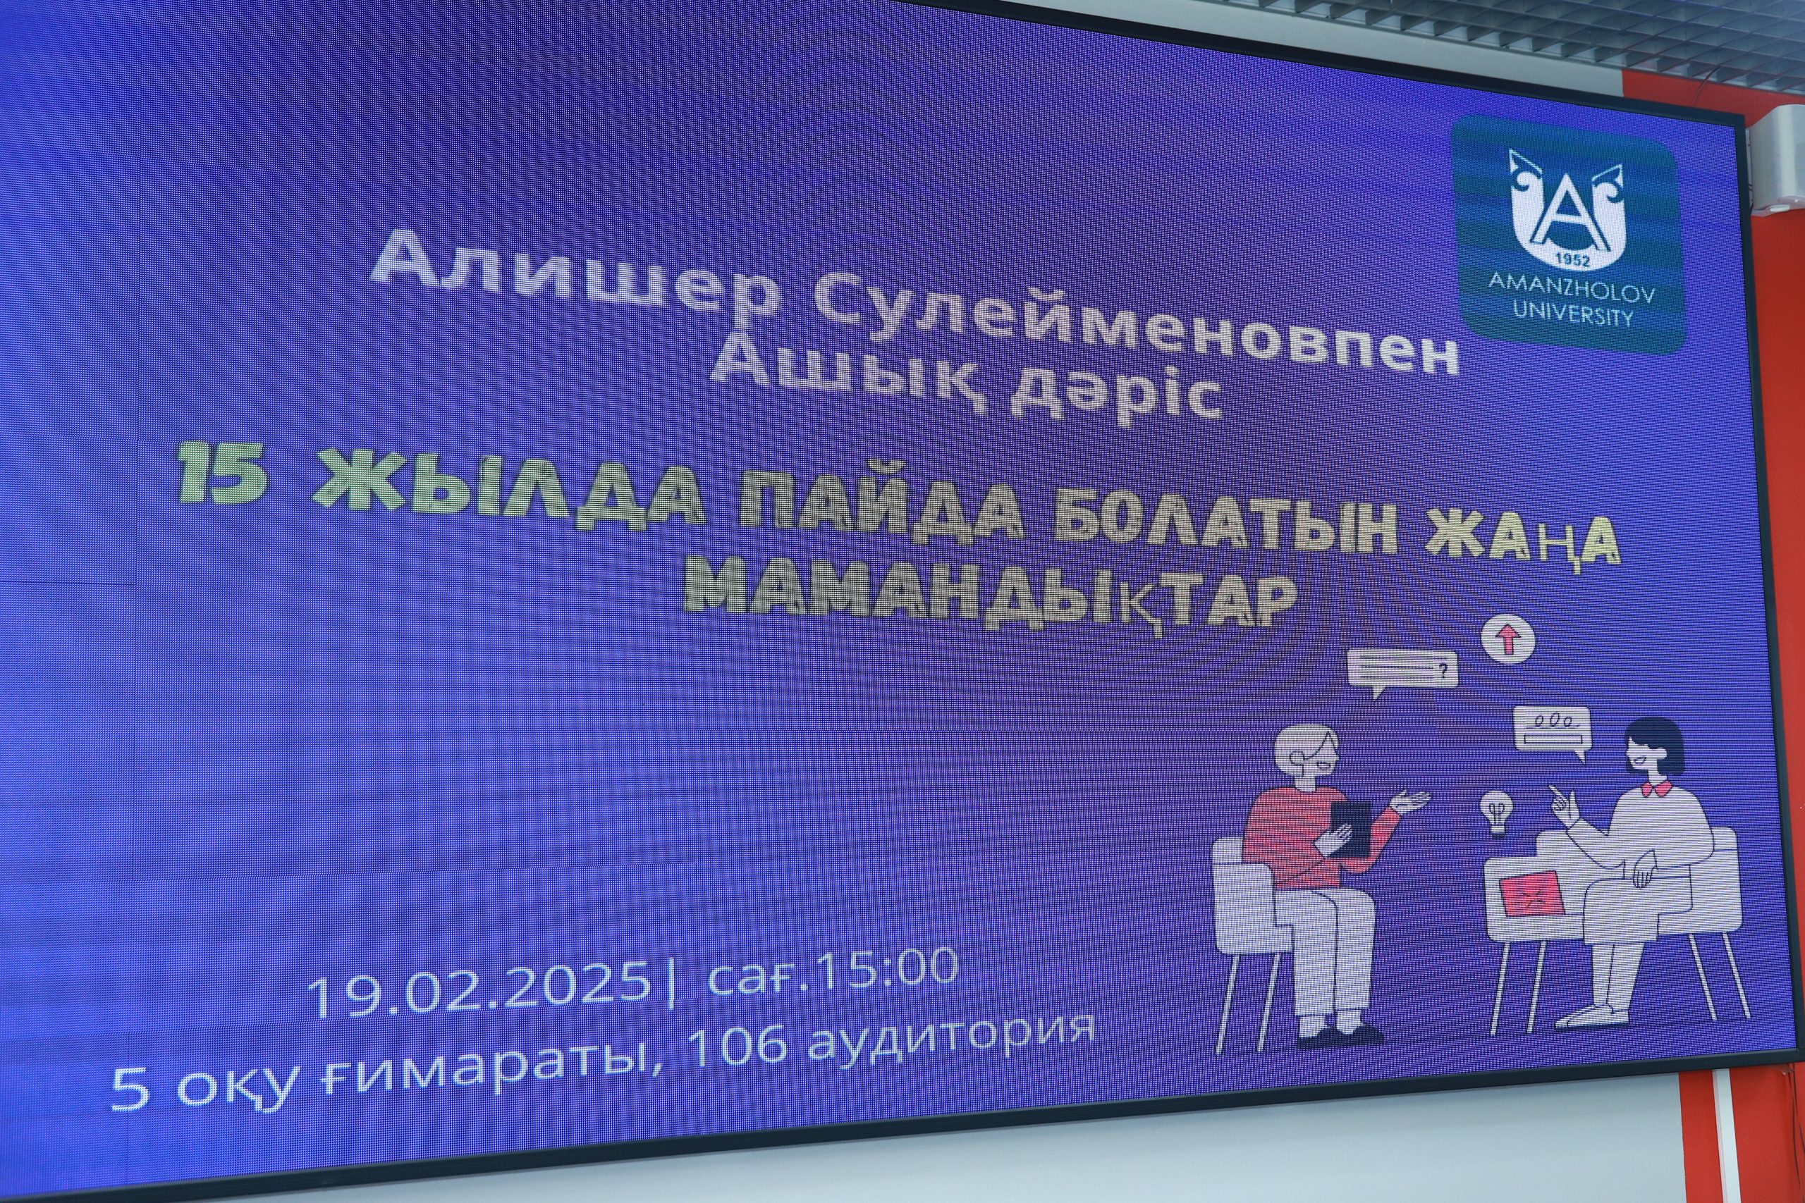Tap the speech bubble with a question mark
[x=1402, y=674]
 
